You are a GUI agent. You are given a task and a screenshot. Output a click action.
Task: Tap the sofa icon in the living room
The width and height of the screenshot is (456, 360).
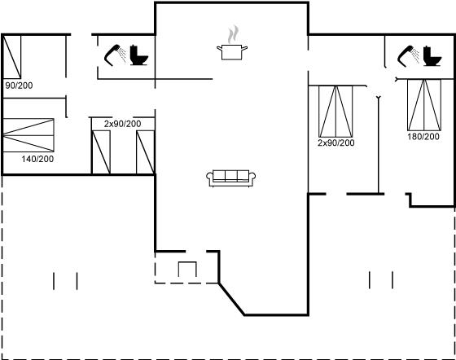[x=231, y=178]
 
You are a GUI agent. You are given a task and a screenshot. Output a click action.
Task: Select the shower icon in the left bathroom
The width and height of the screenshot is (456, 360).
[x=115, y=55]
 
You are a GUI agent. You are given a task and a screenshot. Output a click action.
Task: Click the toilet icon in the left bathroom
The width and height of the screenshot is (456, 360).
[x=138, y=55]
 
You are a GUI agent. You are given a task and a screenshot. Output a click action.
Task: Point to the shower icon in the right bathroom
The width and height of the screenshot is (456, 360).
[x=408, y=56]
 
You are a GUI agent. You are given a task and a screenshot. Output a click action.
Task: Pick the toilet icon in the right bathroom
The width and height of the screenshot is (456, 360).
[x=432, y=56]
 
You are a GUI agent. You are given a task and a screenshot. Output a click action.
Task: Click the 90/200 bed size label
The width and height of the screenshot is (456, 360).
[x=20, y=86]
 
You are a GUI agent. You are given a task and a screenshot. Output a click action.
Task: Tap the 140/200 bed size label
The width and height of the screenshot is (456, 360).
[x=37, y=159]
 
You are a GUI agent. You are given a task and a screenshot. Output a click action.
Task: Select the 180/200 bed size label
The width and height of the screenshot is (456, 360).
[x=423, y=136]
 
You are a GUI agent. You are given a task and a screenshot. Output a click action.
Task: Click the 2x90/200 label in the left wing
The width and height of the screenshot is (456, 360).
[x=122, y=124]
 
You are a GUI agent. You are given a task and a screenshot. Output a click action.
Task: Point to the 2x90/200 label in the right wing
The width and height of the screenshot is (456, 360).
[x=335, y=143]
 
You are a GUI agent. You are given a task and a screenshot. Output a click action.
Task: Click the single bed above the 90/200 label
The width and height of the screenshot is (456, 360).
[x=11, y=57]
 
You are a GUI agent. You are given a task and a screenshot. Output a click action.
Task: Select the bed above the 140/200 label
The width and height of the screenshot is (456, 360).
[x=28, y=135]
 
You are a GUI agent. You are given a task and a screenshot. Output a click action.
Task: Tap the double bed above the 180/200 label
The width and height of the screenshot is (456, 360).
[x=424, y=105]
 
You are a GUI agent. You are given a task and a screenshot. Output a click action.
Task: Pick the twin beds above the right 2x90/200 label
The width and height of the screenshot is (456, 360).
[x=335, y=112]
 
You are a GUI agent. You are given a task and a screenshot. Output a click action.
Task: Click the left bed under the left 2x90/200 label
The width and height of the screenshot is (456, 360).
[x=101, y=152]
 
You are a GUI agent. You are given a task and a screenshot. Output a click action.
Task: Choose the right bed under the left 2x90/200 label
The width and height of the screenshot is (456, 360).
[x=146, y=152]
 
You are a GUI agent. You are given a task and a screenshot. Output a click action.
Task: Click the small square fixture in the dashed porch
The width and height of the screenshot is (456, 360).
[x=187, y=270]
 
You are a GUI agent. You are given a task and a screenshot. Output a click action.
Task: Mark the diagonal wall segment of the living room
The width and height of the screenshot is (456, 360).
[x=231, y=299]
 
